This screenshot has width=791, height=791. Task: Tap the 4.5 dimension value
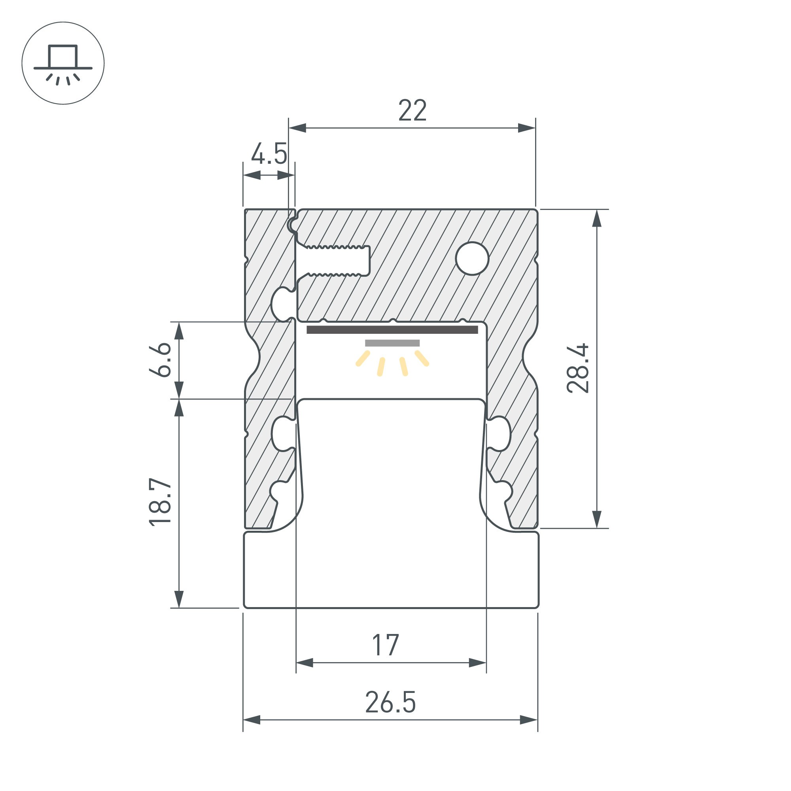pos(269,154)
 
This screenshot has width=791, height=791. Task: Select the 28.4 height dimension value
pos(578,368)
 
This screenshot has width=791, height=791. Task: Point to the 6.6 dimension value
pos(160,360)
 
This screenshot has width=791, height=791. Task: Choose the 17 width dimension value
pos(385,645)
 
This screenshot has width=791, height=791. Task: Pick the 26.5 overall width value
pos(390,702)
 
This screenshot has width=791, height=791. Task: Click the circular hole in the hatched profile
pos(472,258)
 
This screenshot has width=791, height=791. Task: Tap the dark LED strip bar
pos(392,330)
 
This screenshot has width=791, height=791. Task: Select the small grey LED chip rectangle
pos(392,343)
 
